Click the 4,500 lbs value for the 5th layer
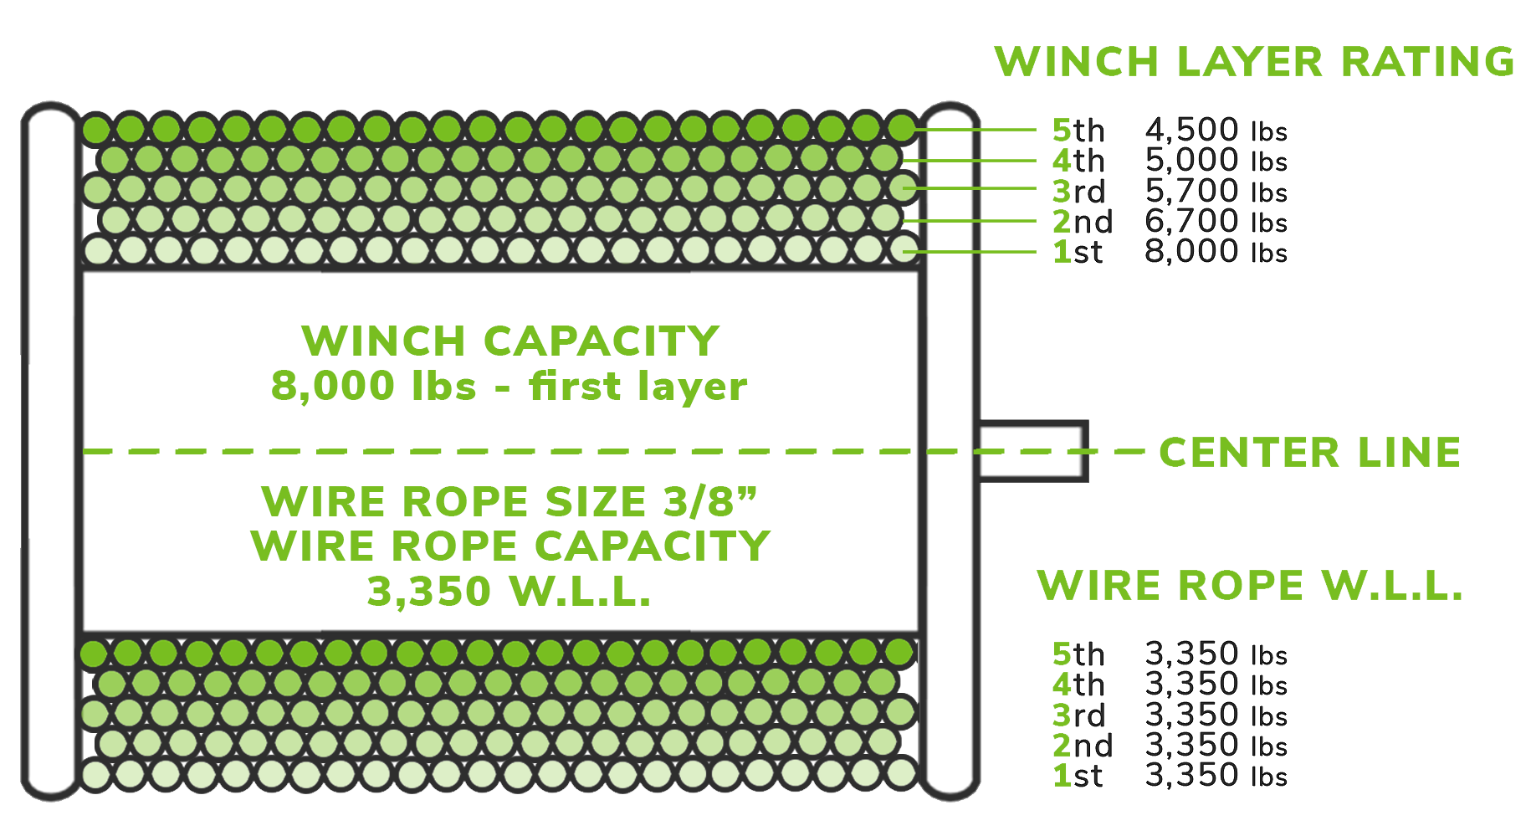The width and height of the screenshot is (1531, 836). [x=1215, y=131]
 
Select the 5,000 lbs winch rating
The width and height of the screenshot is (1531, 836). [x=1215, y=161]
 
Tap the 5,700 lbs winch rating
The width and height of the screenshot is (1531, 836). [x=1215, y=192]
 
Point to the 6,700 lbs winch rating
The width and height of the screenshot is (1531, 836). [x=1215, y=222]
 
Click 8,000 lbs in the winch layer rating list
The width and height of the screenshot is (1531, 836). [x=1215, y=252]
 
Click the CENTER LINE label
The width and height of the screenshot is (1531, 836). [x=1309, y=453]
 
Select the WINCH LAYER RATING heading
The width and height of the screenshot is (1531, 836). [x=1253, y=63]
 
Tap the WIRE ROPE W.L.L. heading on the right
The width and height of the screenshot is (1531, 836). [x=1250, y=585]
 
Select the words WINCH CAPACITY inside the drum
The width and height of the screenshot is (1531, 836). [x=510, y=341]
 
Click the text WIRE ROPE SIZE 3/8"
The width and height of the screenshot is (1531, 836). [x=509, y=502]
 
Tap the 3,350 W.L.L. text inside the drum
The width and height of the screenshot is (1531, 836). [x=509, y=592]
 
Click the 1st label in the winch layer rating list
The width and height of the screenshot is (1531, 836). [x=1078, y=252]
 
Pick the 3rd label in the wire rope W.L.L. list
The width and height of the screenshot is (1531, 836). [x=1078, y=715]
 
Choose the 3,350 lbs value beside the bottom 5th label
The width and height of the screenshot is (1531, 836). [x=1215, y=654]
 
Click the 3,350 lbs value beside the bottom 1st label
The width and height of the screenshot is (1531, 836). [x=1215, y=776]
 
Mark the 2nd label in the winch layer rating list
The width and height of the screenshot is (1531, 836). [x=1082, y=222]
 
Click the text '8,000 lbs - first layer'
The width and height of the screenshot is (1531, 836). [x=509, y=386]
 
